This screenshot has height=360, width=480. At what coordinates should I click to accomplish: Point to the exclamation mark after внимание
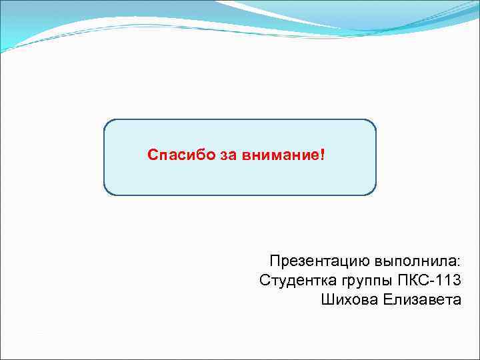pyautogui.click(x=323, y=155)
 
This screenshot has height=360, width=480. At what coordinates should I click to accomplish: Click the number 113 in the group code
pyautogui.click(x=446, y=280)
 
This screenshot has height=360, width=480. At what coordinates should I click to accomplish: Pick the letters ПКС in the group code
pyautogui.click(x=410, y=280)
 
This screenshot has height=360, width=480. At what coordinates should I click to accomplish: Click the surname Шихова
pyautogui.click(x=350, y=299)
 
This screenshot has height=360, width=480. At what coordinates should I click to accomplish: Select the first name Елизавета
pyautogui.click(x=422, y=299)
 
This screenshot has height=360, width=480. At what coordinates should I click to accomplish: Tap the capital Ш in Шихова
pyautogui.click(x=327, y=299)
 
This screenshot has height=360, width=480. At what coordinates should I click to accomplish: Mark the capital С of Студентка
pyautogui.click(x=264, y=280)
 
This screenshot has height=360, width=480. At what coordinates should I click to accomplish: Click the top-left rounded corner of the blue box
pyautogui.click(x=108, y=124)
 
